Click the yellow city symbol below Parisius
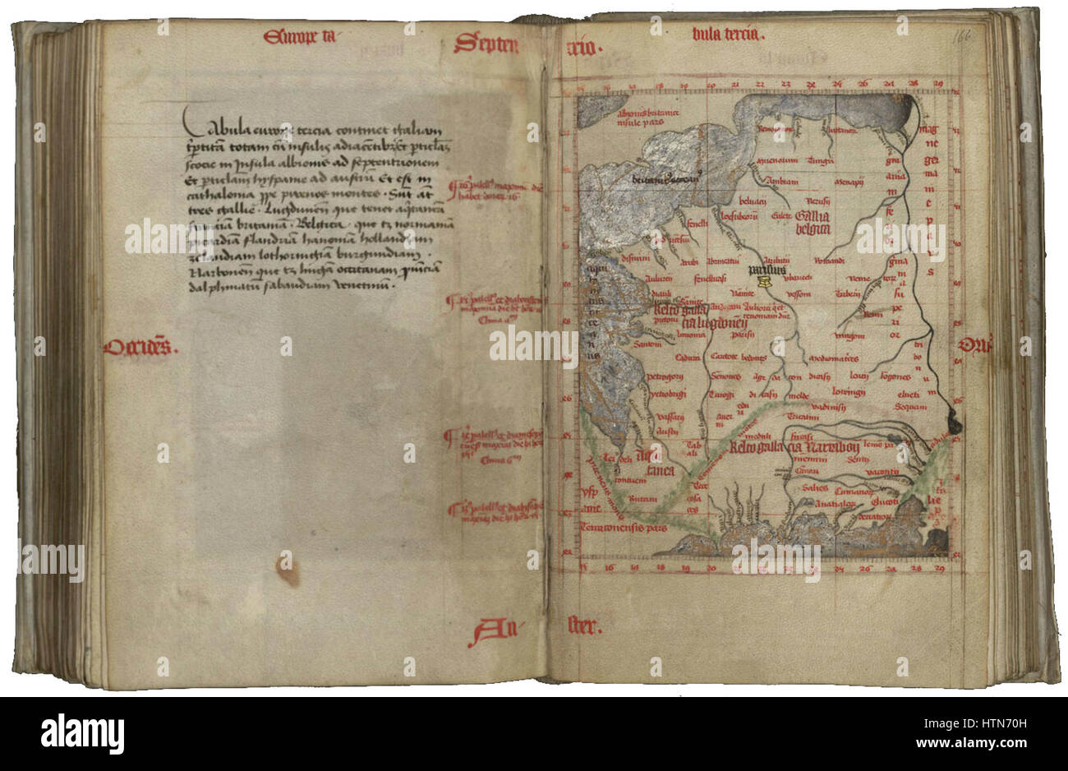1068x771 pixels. click(x=764, y=281)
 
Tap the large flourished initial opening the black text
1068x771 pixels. click(x=192, y=124)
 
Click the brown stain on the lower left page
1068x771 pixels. click(x=287, y=568)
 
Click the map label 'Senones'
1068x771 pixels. click(x=725, y=376)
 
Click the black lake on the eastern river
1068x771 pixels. click(x=954, y=421)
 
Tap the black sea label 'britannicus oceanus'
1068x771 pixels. click(x=665, y=178)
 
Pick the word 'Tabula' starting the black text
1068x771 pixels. click(x=212, y=127)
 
